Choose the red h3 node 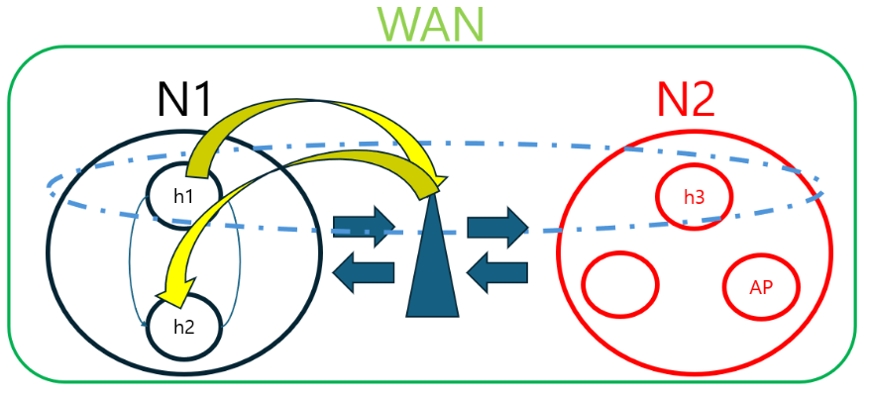(x=695, y=196)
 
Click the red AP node (x=761, y=286)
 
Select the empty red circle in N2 (x=620, y=285)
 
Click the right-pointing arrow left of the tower (x=362, y=227)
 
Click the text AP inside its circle (x=761, y=287)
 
